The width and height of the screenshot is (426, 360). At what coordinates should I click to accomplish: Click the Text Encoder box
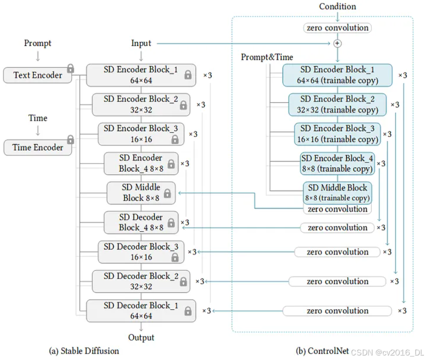pos(38,75)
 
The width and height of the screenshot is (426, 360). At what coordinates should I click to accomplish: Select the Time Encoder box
pos(38,147)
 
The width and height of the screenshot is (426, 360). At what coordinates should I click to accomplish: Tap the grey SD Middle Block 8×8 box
pos(141,192)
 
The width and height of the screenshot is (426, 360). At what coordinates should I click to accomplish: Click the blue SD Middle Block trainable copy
pos(338,192)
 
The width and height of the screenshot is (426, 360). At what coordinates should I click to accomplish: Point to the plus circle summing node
pos(337,43)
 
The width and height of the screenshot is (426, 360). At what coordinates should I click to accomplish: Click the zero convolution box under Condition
pos(337,28)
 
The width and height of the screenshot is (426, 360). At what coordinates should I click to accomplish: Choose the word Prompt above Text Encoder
pos(38,43)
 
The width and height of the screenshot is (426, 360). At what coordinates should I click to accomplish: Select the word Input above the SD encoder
pos(141,43)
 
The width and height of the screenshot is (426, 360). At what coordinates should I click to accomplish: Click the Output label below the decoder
pos(141,337)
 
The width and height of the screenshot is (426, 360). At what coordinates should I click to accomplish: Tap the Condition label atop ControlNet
pos(337,6)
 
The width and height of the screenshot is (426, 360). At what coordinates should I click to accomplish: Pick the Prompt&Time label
pos(267,57)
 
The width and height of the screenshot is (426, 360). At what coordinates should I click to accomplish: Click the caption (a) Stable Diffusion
pos(84,351)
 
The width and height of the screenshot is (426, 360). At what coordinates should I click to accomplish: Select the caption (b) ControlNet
pos(319,351)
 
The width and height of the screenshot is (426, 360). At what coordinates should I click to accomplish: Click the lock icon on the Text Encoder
pos(71,68)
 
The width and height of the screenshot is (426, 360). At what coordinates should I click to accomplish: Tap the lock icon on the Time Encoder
pos(71,139)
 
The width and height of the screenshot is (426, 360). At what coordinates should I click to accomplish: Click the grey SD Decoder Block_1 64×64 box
pos(141,310)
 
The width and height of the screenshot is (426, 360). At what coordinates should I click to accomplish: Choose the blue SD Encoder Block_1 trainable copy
pos(337,75)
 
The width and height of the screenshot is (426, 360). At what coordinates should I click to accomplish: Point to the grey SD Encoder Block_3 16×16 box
pos(141,134)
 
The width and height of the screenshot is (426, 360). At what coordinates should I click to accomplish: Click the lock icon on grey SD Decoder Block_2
pos(183,282)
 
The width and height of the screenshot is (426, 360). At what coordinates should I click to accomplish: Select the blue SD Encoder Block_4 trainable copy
pos(337,163)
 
